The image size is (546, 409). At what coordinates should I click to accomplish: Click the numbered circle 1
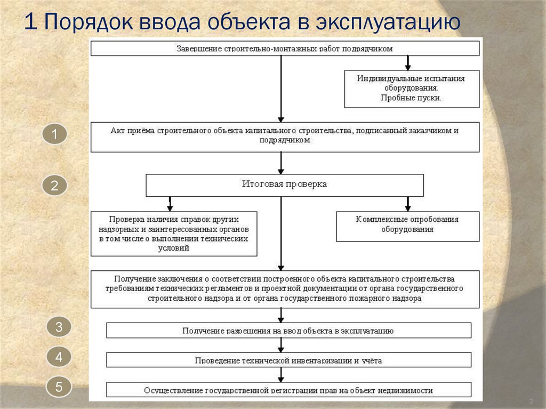[55, 134]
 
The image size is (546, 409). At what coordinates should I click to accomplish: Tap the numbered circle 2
[55, 185]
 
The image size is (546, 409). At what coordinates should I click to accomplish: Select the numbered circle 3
[59, 326]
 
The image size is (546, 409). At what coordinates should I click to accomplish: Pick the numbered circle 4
[59, 357]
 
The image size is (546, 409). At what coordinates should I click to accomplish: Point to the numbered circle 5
[59, 387]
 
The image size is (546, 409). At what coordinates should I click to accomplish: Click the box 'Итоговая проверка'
[285, 186]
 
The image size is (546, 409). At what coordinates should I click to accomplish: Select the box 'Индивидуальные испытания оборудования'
[412, 89]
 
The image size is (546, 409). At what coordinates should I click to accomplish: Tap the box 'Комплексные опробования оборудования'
[408, 227]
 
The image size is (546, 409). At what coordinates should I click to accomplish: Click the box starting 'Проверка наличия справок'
[174, 234]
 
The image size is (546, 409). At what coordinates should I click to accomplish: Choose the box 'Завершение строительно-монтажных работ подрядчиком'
[285, 49]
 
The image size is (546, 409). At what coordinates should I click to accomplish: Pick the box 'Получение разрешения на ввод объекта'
[288, 330]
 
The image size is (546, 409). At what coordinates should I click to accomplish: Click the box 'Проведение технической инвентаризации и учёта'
[288, 360]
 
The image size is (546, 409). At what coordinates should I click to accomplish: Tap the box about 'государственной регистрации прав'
[288, 389]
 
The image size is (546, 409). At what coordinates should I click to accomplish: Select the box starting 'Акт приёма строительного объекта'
[285, 137]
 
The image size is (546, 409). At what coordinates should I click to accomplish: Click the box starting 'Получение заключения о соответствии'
[285, 289]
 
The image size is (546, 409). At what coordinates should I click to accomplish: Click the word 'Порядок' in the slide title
[89, 22]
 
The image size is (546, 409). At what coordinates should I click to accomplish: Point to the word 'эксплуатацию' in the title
[388, 22]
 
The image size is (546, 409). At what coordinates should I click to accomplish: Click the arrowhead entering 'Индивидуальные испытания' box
[408, 67]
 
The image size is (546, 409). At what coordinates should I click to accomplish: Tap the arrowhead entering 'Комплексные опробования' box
[408, 208]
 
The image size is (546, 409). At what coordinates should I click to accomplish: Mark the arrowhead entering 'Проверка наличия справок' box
[170, 208]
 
